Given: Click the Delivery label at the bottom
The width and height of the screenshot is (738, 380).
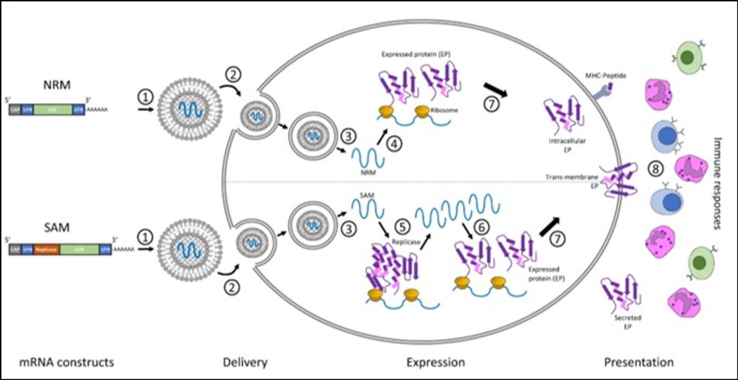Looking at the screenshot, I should click(244, 363).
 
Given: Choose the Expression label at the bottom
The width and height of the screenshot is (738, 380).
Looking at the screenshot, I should click(435, 363).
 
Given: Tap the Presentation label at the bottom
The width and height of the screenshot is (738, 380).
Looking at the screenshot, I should click(638, 363).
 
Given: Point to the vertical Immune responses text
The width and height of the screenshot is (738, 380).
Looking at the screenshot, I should click(718, 183).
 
